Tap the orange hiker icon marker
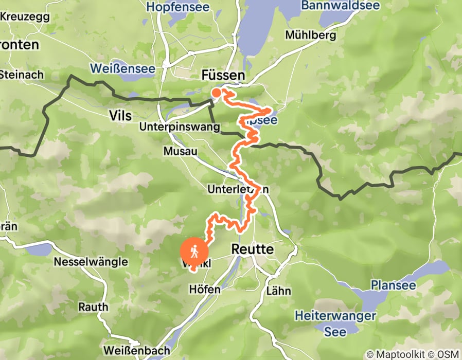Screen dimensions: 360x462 tap(195, 251)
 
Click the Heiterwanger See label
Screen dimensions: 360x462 tap(335, 323)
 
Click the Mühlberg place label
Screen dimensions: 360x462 tap(311, 35)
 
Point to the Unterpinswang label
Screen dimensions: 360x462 tap(180, 127)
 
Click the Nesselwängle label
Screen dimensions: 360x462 tap(91, 262)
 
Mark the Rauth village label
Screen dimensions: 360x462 tap(93, 307)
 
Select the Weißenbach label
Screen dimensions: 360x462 tap(136, 350)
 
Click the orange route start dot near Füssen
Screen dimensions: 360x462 tap(217, 93)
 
